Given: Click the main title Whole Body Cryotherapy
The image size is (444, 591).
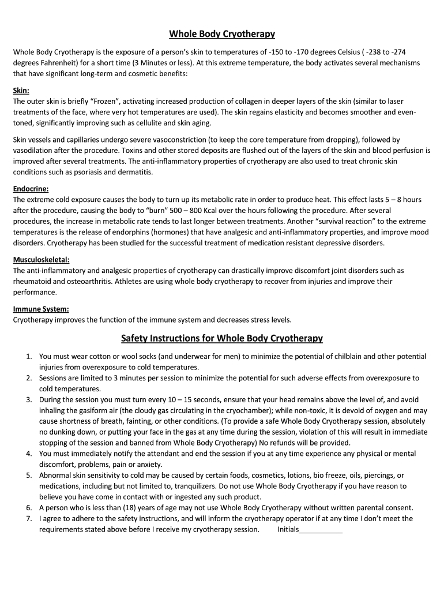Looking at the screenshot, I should (221, 34).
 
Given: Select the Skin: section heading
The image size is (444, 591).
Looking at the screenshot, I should (21, 91).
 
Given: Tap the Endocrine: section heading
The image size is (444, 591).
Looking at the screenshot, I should (31, 189).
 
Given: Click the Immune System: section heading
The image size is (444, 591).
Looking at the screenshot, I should (41, 309).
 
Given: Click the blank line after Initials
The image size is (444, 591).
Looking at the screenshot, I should (321, 529).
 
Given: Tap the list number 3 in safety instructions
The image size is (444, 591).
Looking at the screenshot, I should (28, 399).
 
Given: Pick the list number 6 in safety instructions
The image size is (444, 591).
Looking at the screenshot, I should (28, 508).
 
